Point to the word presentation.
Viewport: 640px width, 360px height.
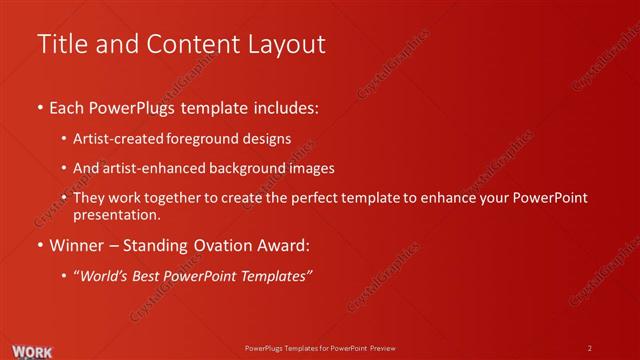click(x=115, y=214)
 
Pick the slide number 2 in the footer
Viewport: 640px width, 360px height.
click(x=589, y=348)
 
